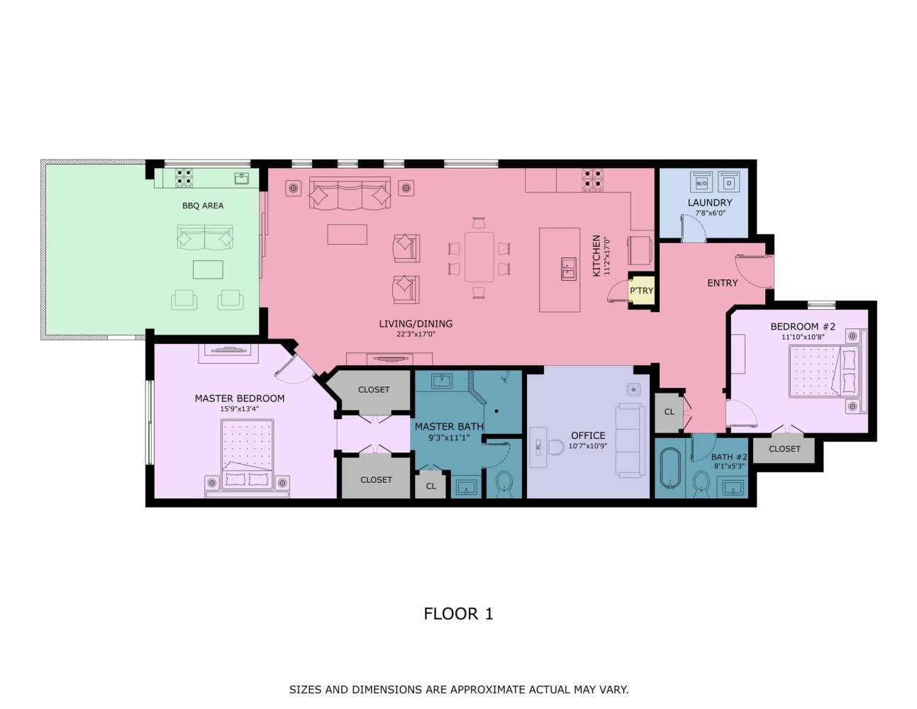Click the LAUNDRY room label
709,203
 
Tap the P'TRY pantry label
641,291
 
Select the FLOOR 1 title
458,614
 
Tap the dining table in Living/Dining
479,257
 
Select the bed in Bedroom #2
818,371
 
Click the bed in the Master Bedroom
248,454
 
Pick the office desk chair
555,447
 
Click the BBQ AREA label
203,206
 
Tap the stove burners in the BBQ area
184,177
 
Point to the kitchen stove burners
592,179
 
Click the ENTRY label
722,283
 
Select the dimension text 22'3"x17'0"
416,334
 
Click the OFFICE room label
588,436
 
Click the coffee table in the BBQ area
208,269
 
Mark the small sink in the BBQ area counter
241,179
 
